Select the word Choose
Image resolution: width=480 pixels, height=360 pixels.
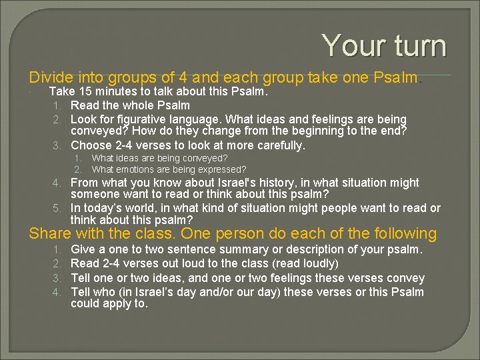91,145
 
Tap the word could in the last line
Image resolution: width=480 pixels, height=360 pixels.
85,303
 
